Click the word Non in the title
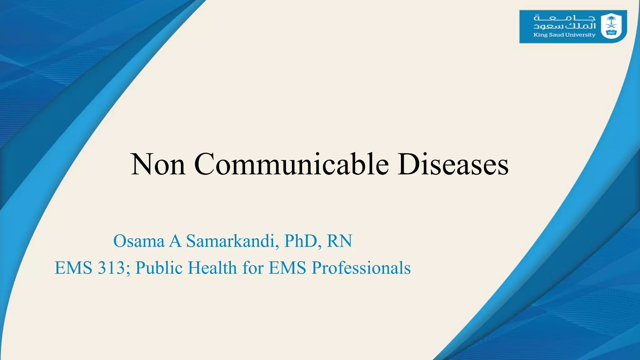158,164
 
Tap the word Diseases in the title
453,164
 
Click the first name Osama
139,241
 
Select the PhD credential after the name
300,241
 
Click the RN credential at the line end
339,241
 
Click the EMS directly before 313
73,268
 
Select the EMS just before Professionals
287,268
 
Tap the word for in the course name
252,268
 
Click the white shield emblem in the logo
611,26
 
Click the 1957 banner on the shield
611,32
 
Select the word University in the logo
580,35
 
